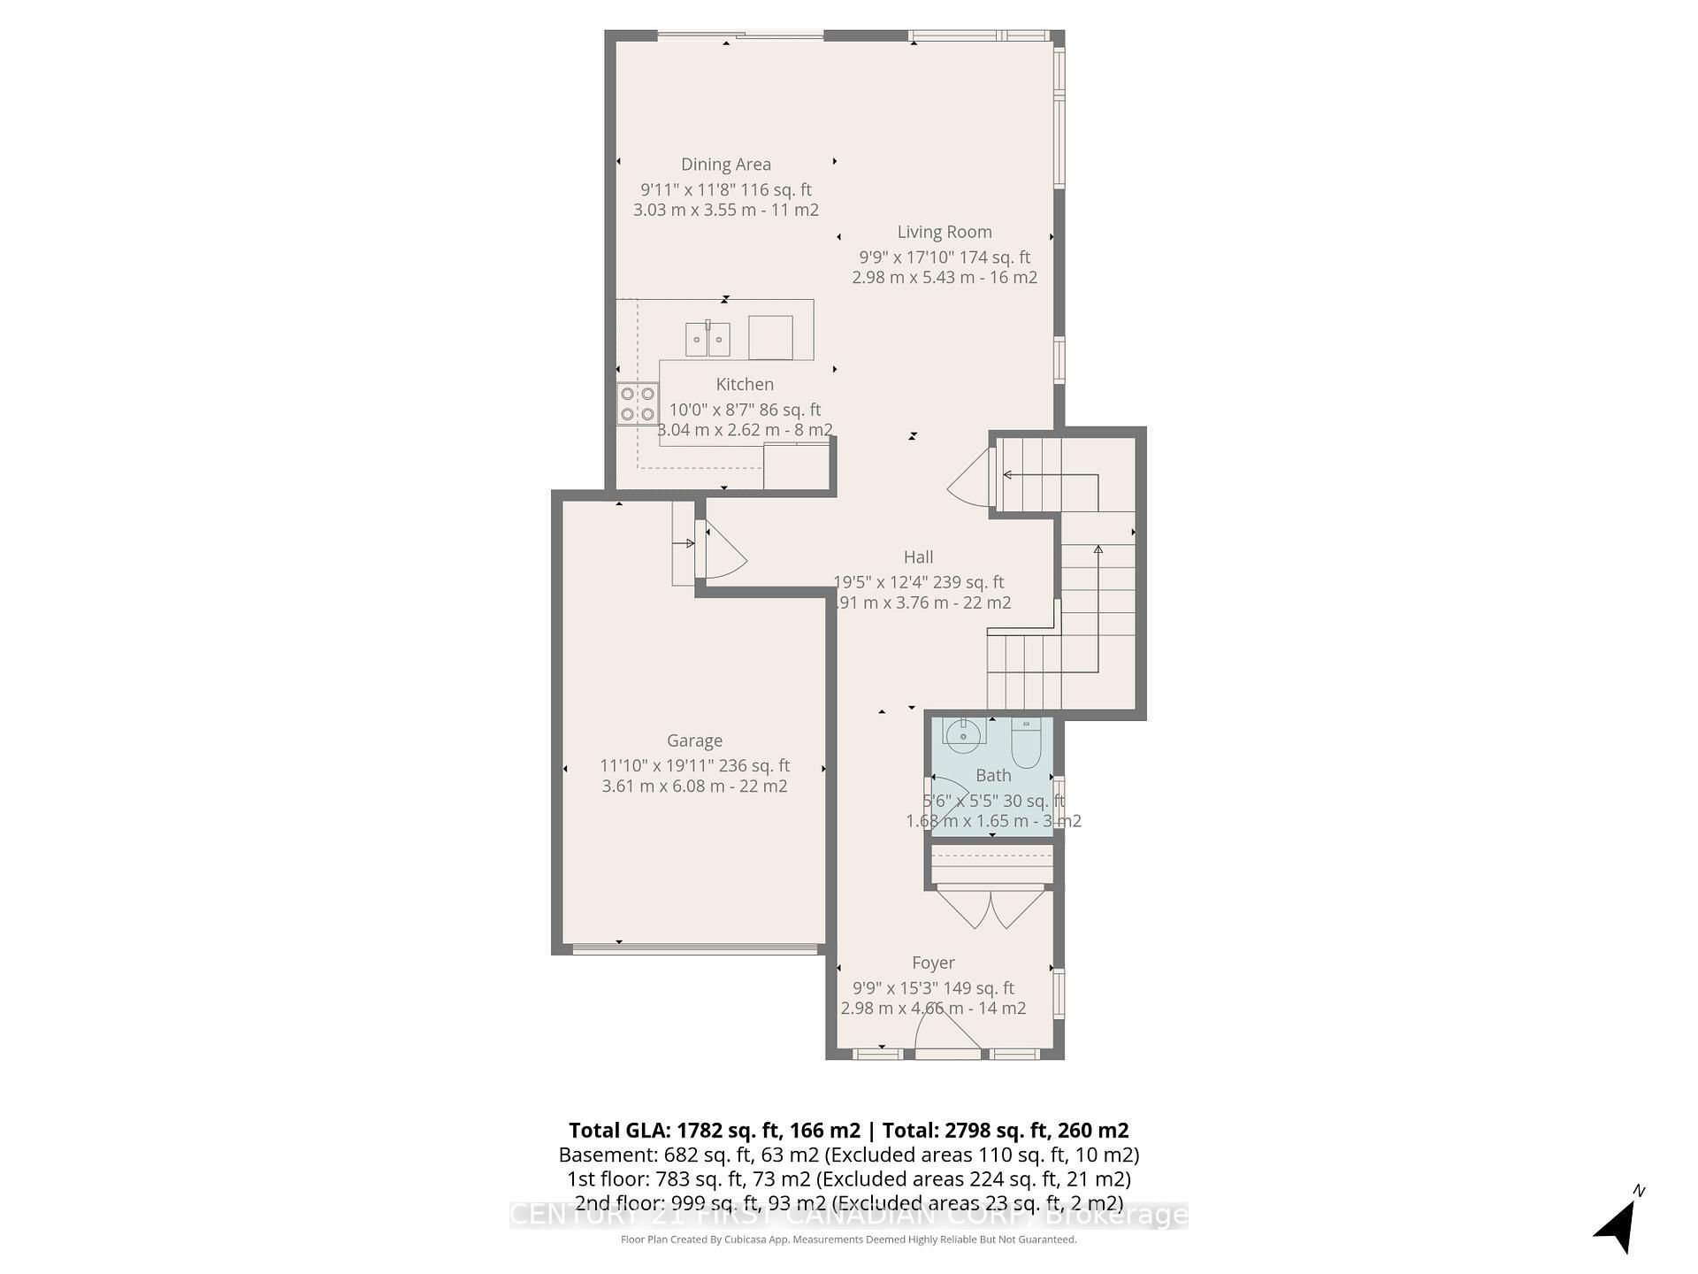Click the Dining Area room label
point(725,165)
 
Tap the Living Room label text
point(944,233)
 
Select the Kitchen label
point(744,385)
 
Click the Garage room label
point(694,741)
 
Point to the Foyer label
point(933,963)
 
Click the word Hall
point(918,557)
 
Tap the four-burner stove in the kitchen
point(637,404)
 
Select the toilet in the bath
point(1025,743)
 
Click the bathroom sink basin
point(962,733)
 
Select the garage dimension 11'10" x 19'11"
point(694,766)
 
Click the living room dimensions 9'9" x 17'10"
point(944,257)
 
